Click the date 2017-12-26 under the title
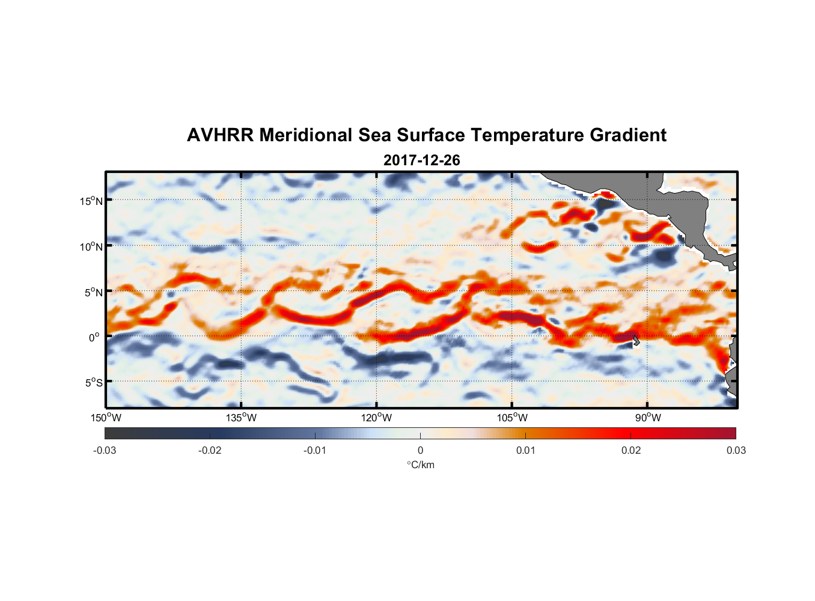coord(421,160)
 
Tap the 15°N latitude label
coord(91,201)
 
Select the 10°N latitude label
coord(91,246)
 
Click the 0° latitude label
coord(94,337)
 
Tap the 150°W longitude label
coord(106,418)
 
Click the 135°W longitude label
coord(242,418)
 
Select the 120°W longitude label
coord(377,418)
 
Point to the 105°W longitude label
coord(512,418)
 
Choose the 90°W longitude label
coord(648,418)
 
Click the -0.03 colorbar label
coord(105,450)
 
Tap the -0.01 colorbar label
coord(315,450)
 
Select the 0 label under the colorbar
coord(420,450)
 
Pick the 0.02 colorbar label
coord(631,450)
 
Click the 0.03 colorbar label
coord(736,450)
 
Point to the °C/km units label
coord(420,465)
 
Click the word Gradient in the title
coord(628,135)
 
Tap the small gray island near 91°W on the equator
coord(635,341)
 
